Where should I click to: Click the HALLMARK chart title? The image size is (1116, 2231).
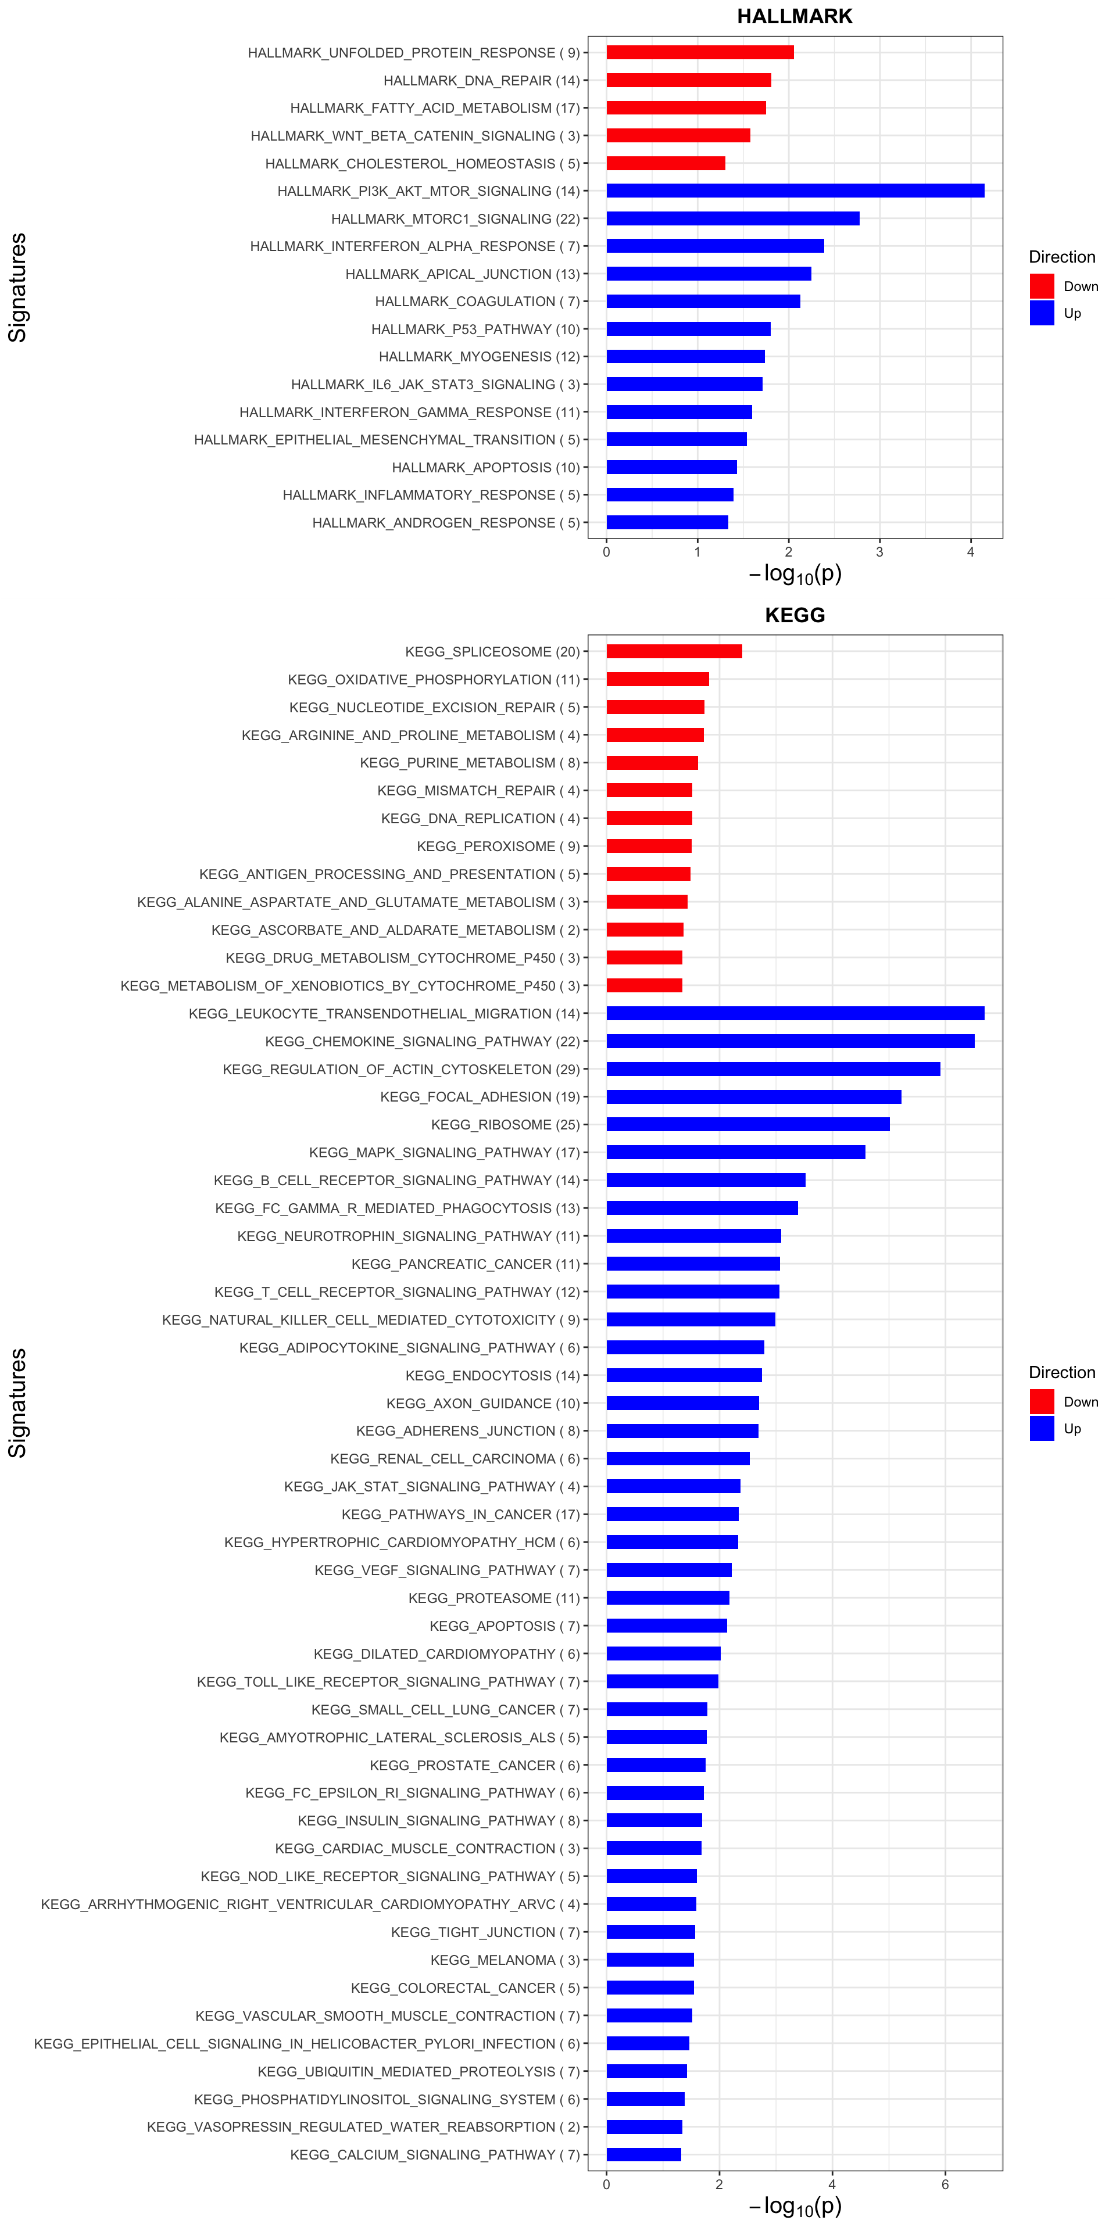[x=795, y=16]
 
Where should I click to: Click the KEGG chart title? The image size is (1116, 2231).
[x=795, y=615]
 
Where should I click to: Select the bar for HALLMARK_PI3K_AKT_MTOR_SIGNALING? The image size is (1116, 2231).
[x=795, y=191]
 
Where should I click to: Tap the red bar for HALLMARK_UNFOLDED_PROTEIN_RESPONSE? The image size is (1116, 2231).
[x=699, y=52]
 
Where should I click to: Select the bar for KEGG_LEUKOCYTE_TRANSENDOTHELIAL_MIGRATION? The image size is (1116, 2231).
[x=795, y=1013]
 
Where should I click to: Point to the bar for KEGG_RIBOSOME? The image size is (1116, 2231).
[x=747, y=1124]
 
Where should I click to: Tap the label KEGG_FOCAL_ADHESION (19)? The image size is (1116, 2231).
[x=479, y=1096]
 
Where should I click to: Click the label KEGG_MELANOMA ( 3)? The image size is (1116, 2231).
[x=505, y=1960]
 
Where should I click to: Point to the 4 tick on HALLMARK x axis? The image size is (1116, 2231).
[x=971, y=552]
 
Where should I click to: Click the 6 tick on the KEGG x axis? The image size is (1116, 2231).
[x=945, y=2185]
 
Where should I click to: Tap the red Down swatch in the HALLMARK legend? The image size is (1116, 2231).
[x=1042, y=286]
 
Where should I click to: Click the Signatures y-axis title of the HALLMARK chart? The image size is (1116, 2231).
[x=17, y=288]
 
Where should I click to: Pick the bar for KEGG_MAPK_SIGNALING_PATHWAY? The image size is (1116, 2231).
[x=735, y=1152]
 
